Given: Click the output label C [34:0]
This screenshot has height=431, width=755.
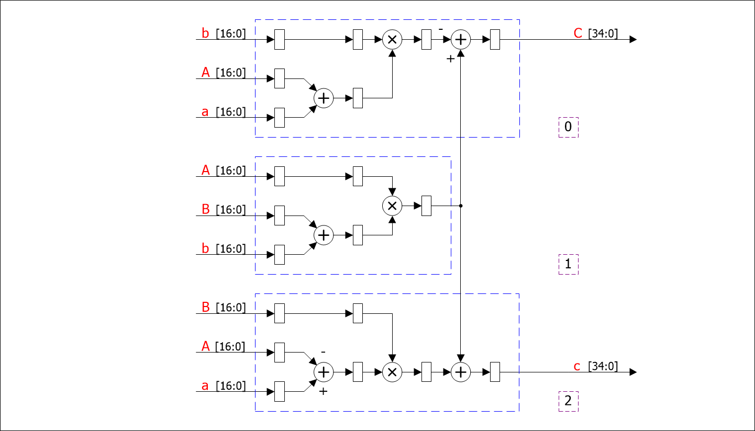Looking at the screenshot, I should click(596, 34).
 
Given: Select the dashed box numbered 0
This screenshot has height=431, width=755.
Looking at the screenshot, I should click(568, 127).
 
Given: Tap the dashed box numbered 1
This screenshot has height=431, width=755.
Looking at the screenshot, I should click(568, 265).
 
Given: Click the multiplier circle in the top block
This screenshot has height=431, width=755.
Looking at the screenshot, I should click(392, 39).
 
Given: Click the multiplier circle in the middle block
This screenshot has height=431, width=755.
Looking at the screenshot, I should click(392, 206).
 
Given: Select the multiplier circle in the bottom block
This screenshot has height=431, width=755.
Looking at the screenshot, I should click(392, 372).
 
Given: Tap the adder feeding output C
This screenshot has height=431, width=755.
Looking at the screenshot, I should click(461, 39).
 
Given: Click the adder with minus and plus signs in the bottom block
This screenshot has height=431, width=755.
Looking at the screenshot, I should click(324, 372).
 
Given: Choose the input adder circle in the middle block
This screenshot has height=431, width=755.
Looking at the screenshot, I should click(324, 235).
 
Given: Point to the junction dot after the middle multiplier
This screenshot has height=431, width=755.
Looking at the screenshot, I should click(461, 206).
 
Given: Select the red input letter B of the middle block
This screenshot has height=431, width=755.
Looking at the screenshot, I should click(205, 210).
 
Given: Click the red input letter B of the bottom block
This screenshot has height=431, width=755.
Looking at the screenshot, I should click(205, 307).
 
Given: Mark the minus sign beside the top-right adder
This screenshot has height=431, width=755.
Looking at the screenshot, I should click(441, 28).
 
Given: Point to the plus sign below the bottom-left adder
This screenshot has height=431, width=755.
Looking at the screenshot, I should click(323, 391).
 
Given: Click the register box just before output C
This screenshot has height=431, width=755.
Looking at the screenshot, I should click(495, 39).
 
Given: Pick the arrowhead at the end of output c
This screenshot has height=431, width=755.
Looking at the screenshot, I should click(633, 372).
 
